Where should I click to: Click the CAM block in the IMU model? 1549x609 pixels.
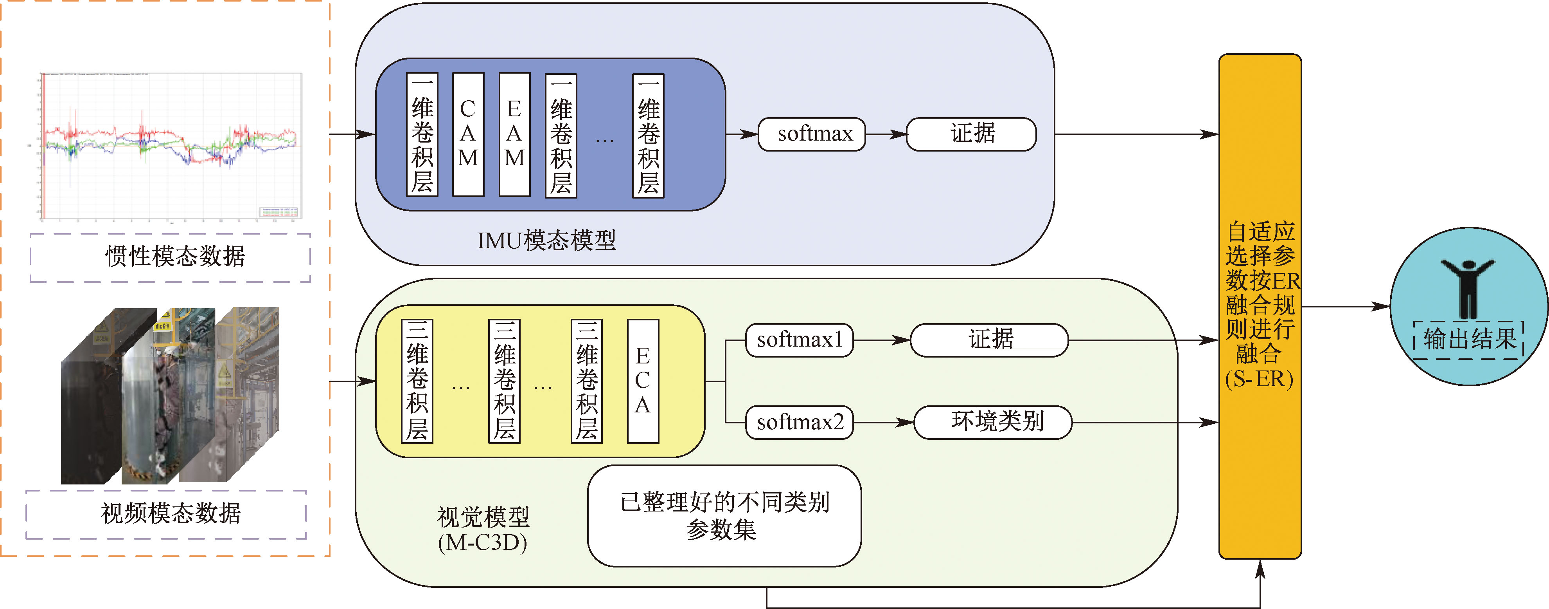(468, 134)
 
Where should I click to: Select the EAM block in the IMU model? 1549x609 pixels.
(514, 134)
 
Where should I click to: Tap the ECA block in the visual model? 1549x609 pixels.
(642, 381)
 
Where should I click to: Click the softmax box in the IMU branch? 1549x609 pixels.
(812, 134)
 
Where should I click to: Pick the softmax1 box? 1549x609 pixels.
(799, 340)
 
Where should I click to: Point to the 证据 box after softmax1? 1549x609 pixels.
(989, 340)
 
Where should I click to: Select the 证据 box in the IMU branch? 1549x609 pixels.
(971, 134)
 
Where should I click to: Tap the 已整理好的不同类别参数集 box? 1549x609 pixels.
(724, 516)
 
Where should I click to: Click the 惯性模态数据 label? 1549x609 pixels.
(174, 257)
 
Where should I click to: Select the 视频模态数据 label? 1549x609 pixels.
(171, 514)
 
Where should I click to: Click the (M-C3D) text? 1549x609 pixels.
(482, 543)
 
